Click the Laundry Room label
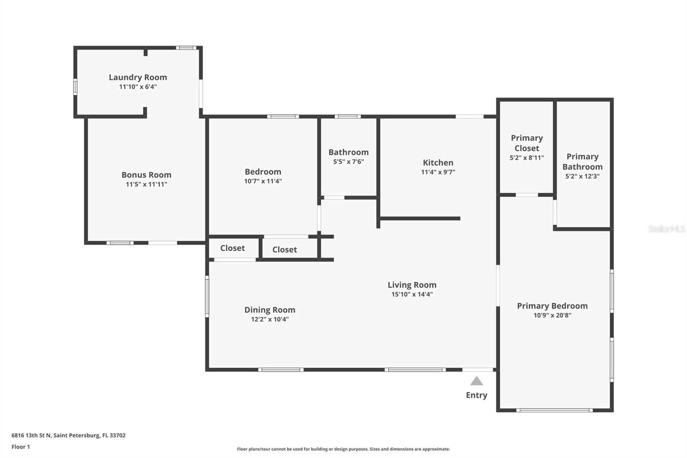[x=138, y=77]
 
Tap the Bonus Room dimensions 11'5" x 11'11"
[x=146, y=184]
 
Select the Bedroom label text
[x=263, y=171]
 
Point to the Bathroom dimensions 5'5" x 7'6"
[x=348, y=162]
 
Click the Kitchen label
[x=438, y=162]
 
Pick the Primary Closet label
[x=526, y=143]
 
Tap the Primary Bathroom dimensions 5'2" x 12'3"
[x=582, y=176]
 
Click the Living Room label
[x=412, y=285]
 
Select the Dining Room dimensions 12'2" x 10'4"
[x=270, y=319]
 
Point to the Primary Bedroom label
[x=552, y=306]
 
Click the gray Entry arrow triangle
[x=477, y=381]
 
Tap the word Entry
[x=477, y=395]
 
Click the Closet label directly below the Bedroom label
[x=285, y=250]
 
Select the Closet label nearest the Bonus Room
[x=232, y=248]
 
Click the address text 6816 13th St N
[x=31, y=435]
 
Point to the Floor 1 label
[x=21, y=447]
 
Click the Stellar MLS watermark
[x=666, y=229]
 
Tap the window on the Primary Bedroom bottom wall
[x=554, y=410]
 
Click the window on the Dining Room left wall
[x=207, y=296]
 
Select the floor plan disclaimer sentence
[x=343, y=449]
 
